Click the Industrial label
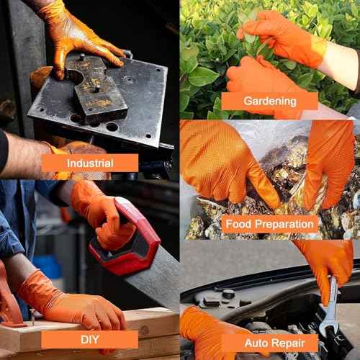click(x=89, y=163)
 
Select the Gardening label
click(x=269, y=101)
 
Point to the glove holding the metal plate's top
click(x=79, y=36)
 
